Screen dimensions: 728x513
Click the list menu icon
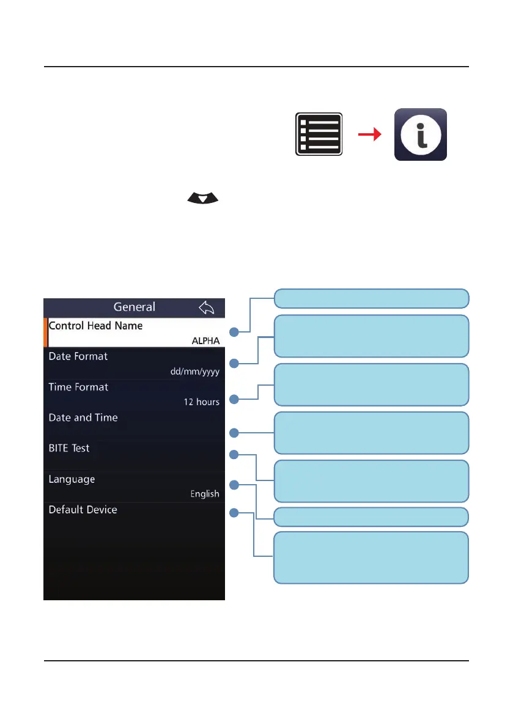point(319,134)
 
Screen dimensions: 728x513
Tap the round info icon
point(420,134)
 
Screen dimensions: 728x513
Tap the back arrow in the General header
point(207,307)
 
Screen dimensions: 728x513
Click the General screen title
point(135,307)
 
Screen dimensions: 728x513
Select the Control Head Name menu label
point(95,326)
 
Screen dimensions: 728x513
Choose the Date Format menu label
point(78,356)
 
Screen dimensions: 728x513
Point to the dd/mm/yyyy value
point(195,371)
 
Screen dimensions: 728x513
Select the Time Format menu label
point(78,387)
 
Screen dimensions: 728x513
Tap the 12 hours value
point(202,402)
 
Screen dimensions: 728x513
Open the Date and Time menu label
point(83,417)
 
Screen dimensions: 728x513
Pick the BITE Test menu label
point(69,448)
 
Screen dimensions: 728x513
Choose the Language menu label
point(72,479)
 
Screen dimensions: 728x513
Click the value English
point(205,494)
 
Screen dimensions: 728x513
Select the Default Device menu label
point(83,510)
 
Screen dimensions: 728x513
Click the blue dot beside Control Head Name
point(234,332)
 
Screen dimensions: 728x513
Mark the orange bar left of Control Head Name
point(46,333)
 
